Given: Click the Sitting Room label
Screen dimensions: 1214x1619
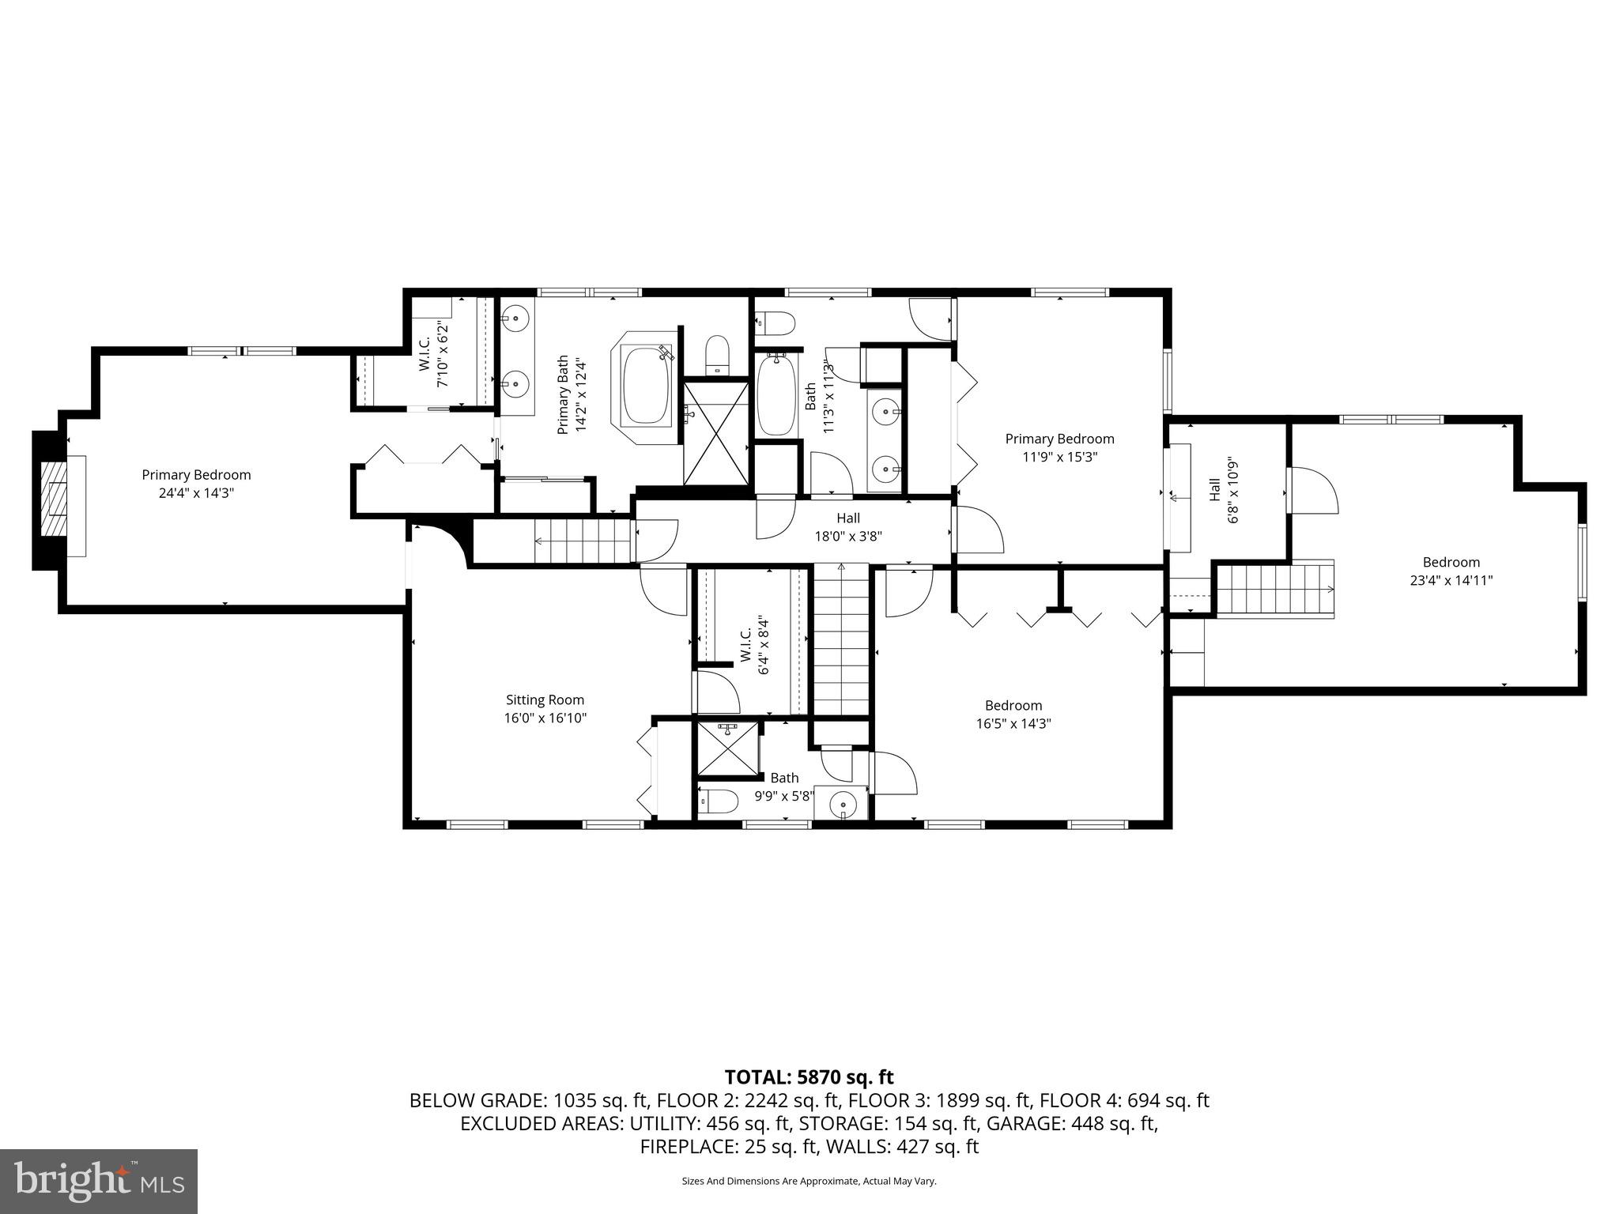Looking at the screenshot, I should point(545,699).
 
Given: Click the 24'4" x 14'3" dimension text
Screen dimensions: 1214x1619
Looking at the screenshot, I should point(196,492).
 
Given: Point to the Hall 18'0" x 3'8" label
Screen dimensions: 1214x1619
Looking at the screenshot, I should point(848,527).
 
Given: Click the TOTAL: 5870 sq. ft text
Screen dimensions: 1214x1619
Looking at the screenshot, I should point(809,1076).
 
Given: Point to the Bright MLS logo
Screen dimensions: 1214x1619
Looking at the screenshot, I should point(98,1181).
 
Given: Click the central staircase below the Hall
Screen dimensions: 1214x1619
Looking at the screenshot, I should point(841,640).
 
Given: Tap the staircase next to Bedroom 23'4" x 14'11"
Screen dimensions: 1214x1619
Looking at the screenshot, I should point(1274,589).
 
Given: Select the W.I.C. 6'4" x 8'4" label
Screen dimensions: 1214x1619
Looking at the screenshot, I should point(754,646).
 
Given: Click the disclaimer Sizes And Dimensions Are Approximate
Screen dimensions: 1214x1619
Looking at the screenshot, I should point(809,1181).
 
